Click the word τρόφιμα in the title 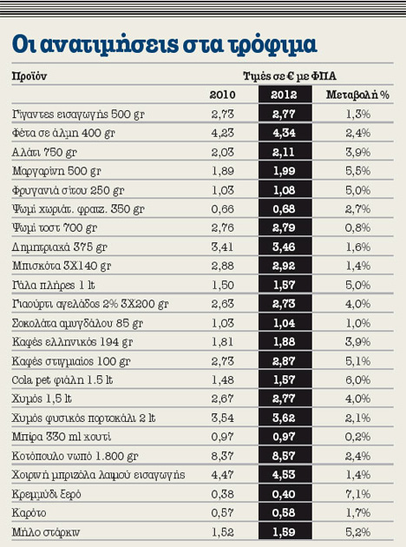[x=272, y=44]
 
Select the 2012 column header [x=284, y=95]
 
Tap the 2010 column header [x=222, y=95]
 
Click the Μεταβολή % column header [x=357, y=95]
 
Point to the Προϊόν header [x=29, y=76]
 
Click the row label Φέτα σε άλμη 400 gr [x=63, y=133]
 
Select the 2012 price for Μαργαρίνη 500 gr [x=284, y=171]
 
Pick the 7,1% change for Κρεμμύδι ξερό [x=357, y=494]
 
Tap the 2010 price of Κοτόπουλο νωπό [x=222, y=456]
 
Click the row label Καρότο [x=29, y=513]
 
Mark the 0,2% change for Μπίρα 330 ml [x=357, y=437]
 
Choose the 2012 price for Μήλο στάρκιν [x=284, y=532]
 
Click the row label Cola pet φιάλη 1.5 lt [x=62, y=380]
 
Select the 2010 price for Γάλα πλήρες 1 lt [x=223, y=285]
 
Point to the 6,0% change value [x=357, y=380]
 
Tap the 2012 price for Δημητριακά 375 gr [x=284, y=247]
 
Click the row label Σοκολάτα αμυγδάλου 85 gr [x=77, y=323]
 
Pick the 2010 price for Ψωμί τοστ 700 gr [x=222, y=227]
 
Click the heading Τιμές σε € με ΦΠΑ [x=290, y=76]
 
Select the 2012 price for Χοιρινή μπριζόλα [x=284, y=475]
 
